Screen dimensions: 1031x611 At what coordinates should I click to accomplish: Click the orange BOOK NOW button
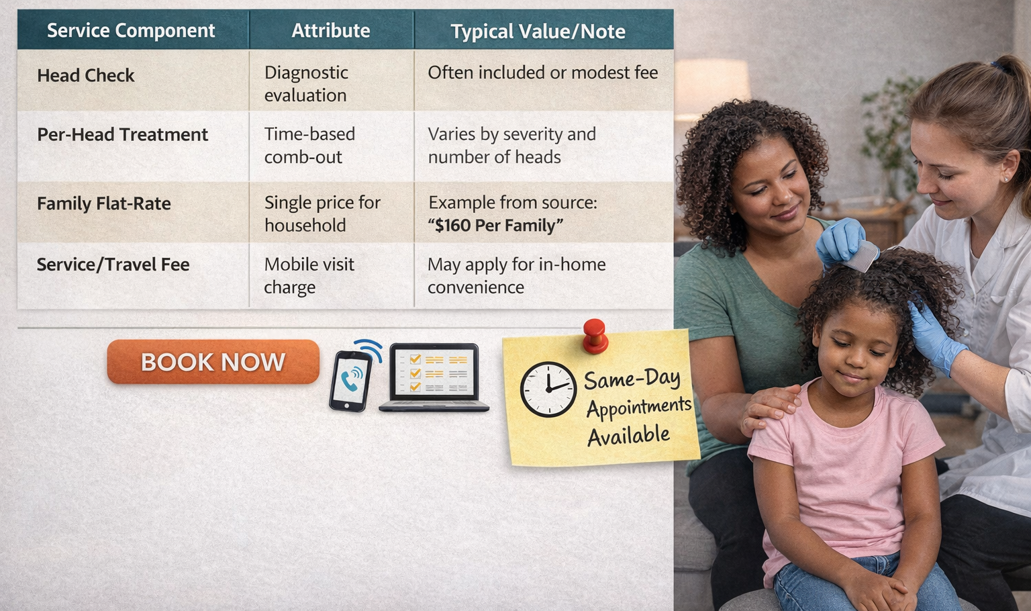point(213,361)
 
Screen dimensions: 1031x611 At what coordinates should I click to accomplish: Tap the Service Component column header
point(131,30)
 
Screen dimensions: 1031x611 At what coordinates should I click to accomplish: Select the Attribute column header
point(330,30)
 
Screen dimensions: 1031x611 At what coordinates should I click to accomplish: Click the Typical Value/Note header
point(538,32)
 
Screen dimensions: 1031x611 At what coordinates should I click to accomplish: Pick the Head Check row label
point(86,75)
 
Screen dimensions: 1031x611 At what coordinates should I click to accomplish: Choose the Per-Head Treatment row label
point(122,134)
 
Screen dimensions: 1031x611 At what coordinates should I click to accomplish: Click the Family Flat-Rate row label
point(104,203)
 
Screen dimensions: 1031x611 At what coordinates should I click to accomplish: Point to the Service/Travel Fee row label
point(113,265)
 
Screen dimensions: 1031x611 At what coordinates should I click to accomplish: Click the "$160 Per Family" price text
point(496,225)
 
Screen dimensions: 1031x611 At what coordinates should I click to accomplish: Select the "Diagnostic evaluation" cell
point(306,83)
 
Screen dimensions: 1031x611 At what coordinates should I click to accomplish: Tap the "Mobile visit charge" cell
point(309,275)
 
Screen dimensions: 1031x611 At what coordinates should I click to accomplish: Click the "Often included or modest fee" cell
point(542,73)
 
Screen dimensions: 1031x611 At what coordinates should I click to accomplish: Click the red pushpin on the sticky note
point(595,336)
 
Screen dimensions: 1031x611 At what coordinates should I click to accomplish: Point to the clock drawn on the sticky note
point(548,389)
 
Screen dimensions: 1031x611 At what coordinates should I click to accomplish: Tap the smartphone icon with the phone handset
point(351,381)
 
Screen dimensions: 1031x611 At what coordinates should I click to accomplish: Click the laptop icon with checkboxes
point(434,377)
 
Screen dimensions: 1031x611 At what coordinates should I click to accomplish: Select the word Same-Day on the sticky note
point(632,379)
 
